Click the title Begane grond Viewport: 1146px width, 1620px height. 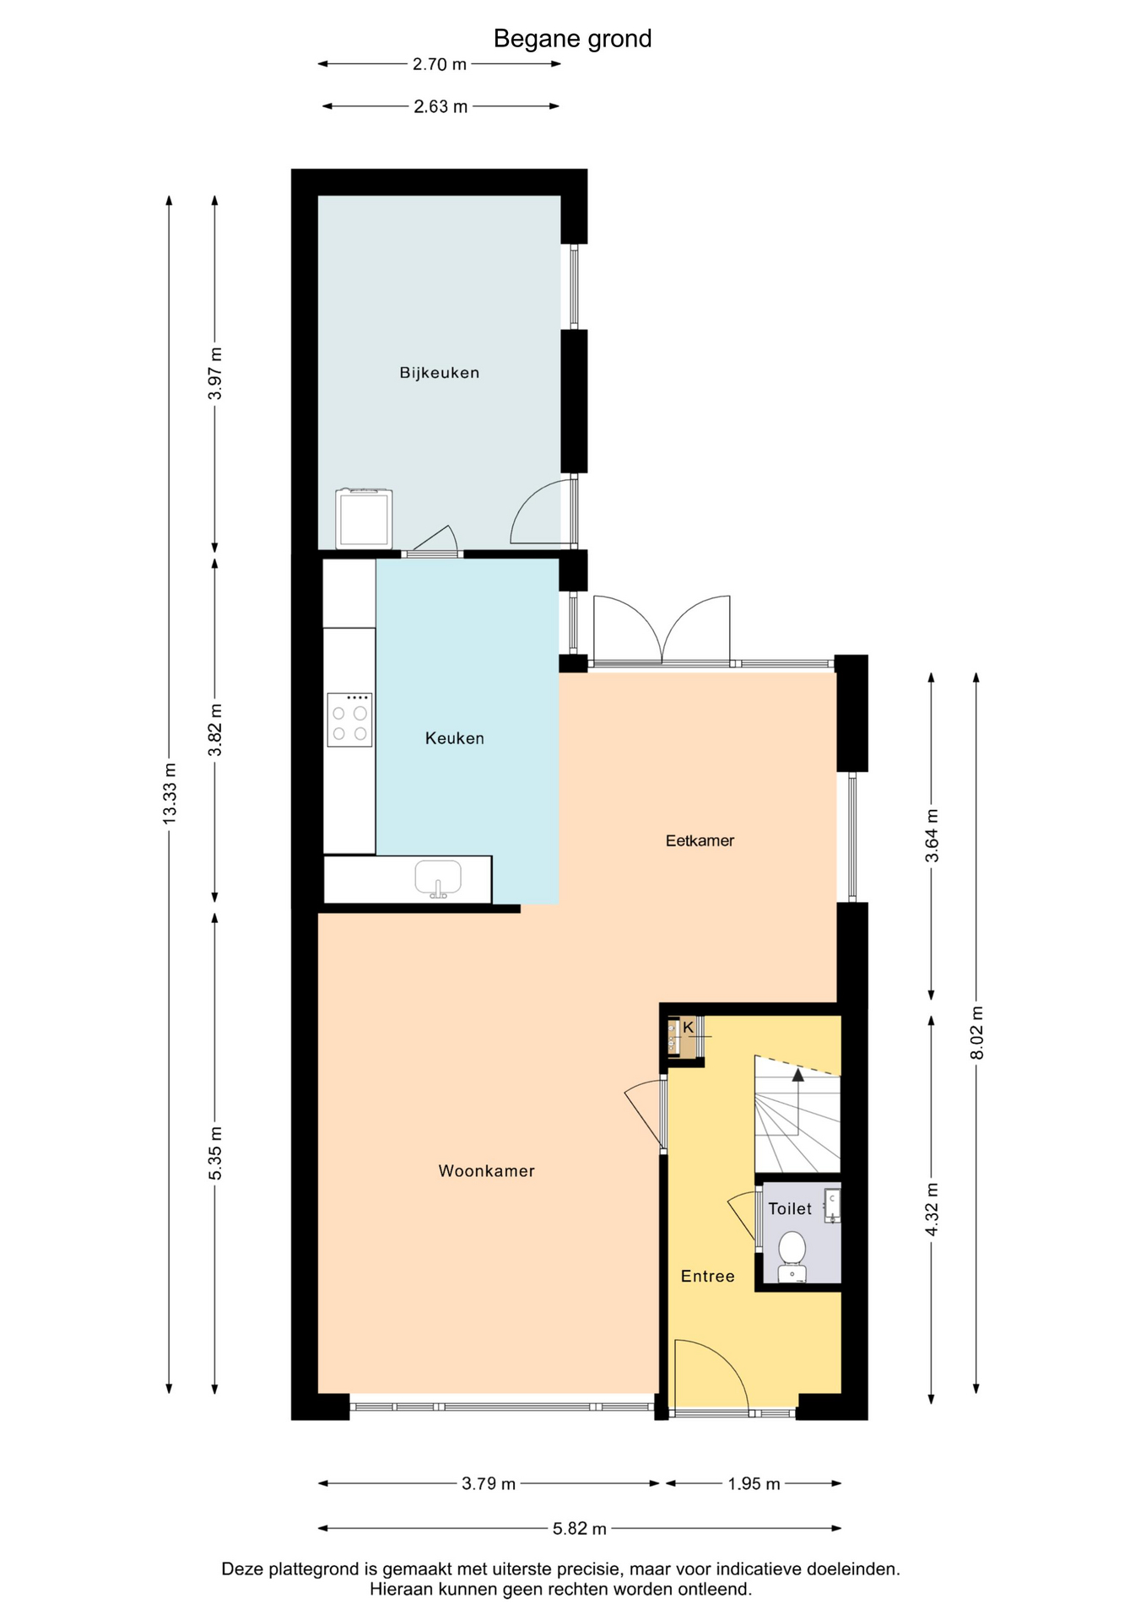[572, 39]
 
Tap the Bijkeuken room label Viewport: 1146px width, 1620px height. [439, 373]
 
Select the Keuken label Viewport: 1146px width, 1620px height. [455, 738]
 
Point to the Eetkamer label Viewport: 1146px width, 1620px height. [700, 840]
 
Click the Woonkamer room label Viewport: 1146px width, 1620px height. [486, 1171]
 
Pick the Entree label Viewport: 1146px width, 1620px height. [707, 1277]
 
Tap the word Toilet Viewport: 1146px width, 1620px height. [790, 1209]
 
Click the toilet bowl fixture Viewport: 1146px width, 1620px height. [792, 1257]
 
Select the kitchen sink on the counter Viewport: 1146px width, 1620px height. [438, 878]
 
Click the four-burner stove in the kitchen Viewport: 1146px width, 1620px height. [349, 720]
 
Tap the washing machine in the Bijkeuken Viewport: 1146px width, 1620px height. [364, 519]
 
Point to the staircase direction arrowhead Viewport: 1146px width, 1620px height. [797, 1074]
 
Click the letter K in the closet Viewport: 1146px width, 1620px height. [688, 1027]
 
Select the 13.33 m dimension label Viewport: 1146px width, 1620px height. [170, 794]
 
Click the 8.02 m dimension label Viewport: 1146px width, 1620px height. [976, 1033]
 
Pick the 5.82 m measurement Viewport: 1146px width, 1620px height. [580, 1528]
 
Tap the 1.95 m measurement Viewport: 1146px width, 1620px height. [754, 1483]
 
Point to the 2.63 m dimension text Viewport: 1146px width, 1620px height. [441, 107]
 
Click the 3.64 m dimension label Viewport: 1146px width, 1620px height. [932, 835]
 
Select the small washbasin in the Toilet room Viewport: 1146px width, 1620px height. [832, 1206]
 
